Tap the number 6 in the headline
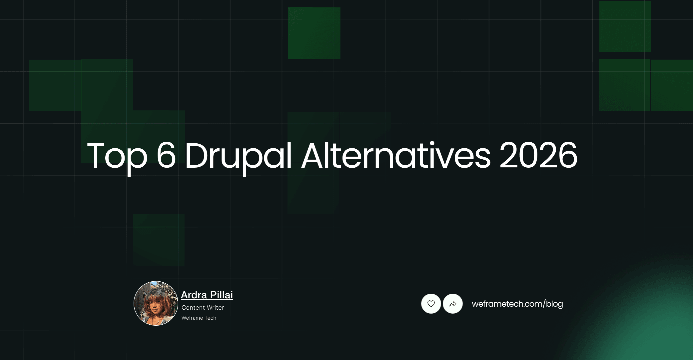click(x=166, y=155)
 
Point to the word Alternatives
click(x=396, y=155)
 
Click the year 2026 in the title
click(x=538, y=155)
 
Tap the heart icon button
click(x=431, y=304)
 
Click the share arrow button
click(x=453, y=304)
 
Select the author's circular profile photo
click(x=156, y=303)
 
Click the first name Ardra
click(x=194, y=295)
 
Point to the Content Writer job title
click(x=203, y=308)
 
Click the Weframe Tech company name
click(x=199, y=318)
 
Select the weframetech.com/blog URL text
click(x=517, y=304)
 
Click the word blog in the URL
click(x=554, y=304)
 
